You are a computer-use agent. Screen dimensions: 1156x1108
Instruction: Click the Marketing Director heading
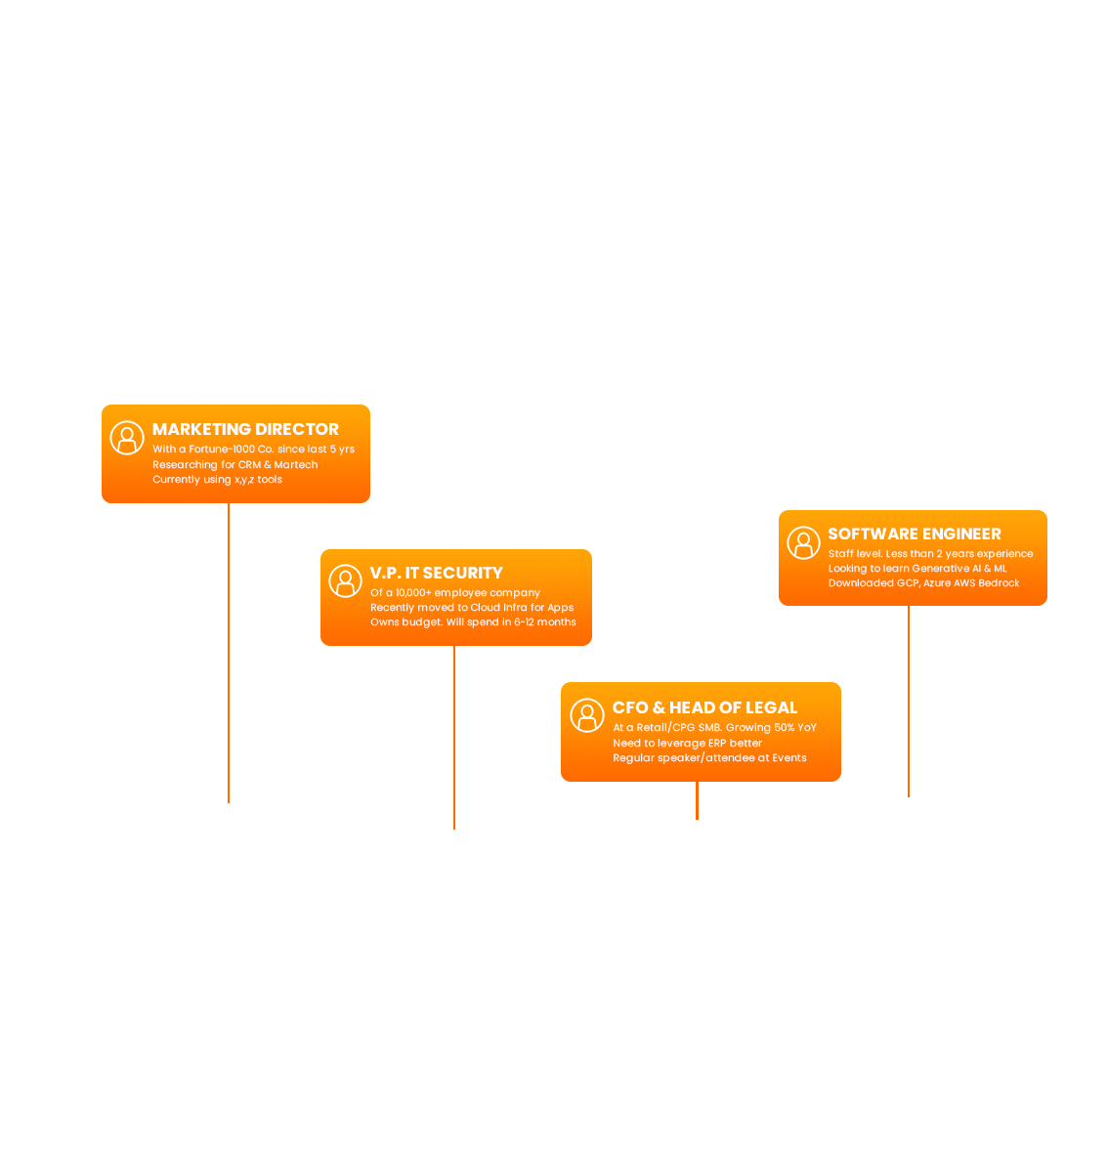pyautogui.click(x=245, y=429)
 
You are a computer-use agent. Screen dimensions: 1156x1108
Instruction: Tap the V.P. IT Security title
pyautogui.click(x=436, y=573)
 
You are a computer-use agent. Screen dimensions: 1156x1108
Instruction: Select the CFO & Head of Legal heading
pyautogui.click(x=704, y=707)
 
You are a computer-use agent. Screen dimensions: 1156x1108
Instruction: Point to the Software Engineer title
pyautogui.click(x=914, y=534)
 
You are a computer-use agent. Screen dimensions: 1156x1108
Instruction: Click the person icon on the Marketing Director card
pyautogui.click(x=127, y=438)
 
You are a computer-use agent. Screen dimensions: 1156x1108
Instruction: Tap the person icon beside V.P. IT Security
pyautogui.click(x=345, y=580)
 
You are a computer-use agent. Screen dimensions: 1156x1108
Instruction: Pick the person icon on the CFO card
pyautogui.click(x=587, y=715)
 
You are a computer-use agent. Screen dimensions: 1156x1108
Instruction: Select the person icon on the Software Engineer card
pyautogui.click(x=803, y=542)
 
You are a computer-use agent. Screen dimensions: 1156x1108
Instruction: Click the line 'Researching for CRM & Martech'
pyautogui.click(x=234, y=465)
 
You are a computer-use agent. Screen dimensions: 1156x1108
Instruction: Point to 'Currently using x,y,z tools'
pyautogui.click(x=217, y=480)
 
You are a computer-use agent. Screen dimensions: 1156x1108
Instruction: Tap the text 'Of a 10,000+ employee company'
pyautogui.click(x=454, y=593)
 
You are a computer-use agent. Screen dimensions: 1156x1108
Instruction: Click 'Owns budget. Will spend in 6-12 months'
pyautogui.click(x=473, y=622)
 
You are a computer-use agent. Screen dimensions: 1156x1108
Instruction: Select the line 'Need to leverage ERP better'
pyautogui.click(x=687, y=744)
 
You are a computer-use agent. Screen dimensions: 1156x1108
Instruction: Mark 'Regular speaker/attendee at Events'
pyautogui.click(x=709, y=758)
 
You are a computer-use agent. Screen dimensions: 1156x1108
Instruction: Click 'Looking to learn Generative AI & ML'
pyautogui.click(x=916, y=569)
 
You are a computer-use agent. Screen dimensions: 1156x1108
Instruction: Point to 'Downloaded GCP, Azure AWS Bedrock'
pyautogui.click(x=923, y=583)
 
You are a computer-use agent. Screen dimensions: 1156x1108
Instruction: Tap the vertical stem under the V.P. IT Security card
pyautogui.click(x=454, y=737)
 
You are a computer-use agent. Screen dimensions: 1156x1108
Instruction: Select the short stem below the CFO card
pyautogui.click(x=697, y=800)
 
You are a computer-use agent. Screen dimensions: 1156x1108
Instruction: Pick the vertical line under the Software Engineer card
pyautogui.click(x=909, y=701)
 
